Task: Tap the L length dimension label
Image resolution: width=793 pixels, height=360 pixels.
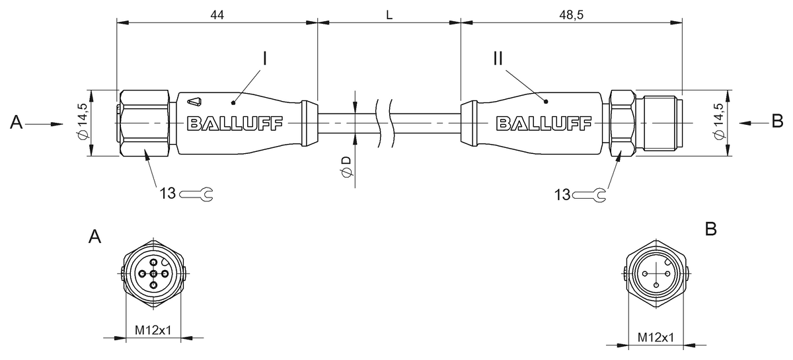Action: (389, 15)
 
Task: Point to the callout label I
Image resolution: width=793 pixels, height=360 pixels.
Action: (264, 59)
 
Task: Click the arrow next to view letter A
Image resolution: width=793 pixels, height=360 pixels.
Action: (47, 123)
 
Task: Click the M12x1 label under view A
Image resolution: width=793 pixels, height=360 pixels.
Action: (153, 330)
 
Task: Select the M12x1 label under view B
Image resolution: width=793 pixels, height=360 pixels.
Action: (656, 338)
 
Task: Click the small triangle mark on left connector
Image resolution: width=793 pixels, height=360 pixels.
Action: (194, 102)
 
